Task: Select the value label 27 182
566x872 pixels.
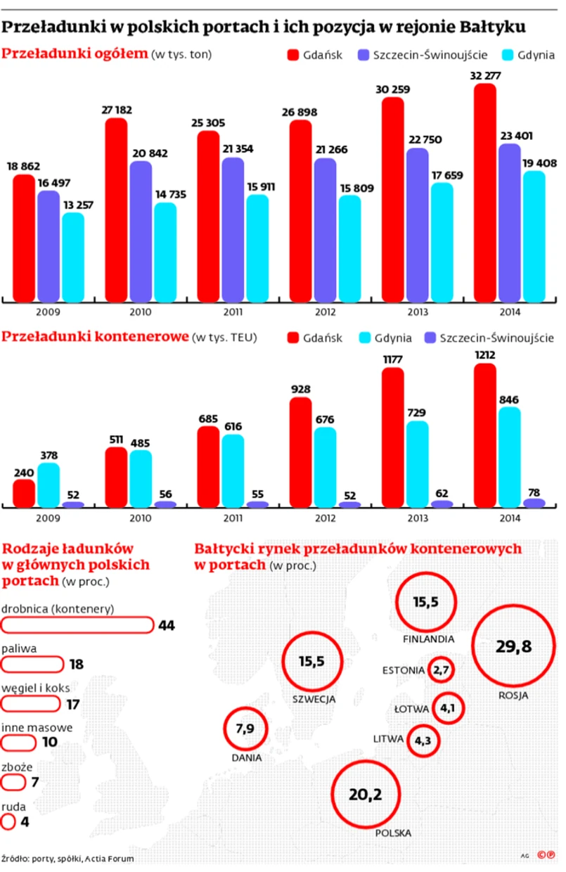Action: tap(117, 110)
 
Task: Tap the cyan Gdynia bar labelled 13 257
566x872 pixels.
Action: tap(72, 257)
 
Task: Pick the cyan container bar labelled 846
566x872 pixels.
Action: tap(509, 457)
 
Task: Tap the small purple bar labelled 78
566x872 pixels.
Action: tap(534, 503)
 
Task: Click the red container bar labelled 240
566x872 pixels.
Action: tap(24, 493)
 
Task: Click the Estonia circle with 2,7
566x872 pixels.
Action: tap(442, 670)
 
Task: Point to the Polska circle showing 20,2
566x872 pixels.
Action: tap(366, 794)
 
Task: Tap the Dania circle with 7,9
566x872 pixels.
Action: tap(245, 729)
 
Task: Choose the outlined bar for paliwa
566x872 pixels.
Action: tap(33, 664)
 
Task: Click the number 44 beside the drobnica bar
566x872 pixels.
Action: tap(167, 625)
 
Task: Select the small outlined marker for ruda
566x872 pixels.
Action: tap(8, 821)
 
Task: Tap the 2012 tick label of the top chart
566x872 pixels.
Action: tap(326, 312)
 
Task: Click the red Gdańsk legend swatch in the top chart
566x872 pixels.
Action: tap(292, 55)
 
